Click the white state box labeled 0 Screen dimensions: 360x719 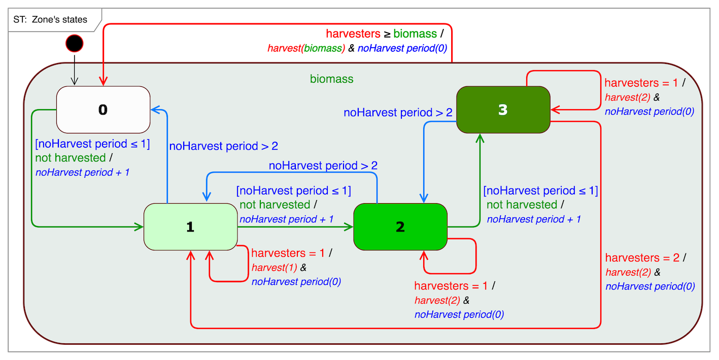103,110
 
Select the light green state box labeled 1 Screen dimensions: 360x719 190,227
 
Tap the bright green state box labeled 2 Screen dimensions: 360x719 400,227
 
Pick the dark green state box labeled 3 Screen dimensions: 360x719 503,110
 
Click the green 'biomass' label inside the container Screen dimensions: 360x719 331,79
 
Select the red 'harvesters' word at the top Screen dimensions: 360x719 353,34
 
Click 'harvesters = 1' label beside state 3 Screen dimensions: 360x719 641,83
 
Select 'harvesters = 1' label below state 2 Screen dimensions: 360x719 451,286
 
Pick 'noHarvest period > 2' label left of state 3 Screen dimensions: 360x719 398,113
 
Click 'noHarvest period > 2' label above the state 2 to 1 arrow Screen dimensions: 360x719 323,166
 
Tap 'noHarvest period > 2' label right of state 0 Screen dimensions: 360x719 223,146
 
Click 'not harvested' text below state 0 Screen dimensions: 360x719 71,158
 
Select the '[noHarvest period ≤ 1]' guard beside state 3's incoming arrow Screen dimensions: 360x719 540,191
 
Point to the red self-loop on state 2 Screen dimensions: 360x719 475,256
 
